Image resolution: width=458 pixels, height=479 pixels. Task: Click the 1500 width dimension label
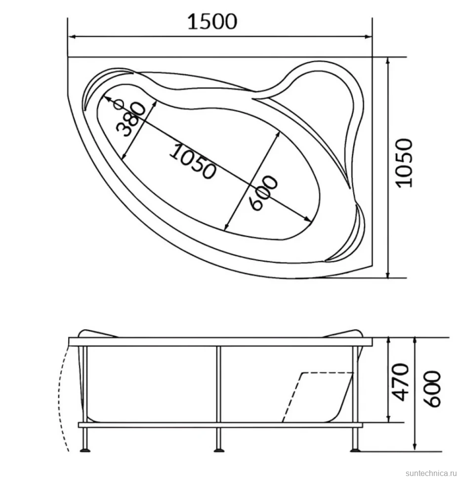(212, 22)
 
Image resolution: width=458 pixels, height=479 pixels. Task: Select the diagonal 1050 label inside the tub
(193, 160)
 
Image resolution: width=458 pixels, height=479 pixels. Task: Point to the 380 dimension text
(130, 119)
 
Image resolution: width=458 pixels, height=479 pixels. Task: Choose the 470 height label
(400, 382)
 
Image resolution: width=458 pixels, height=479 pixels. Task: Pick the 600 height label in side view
(433, 389)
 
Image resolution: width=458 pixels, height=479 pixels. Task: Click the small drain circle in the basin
(119, 105)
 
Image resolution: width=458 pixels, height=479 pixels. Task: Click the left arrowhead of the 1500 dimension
(72, 37)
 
